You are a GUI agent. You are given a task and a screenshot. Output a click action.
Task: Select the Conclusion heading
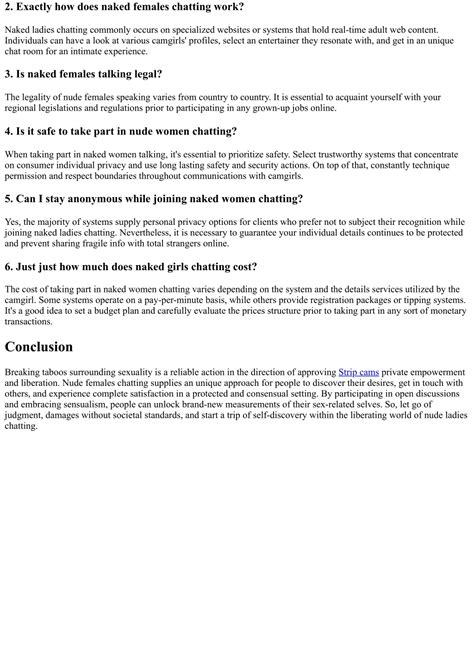click(x=39, y=347)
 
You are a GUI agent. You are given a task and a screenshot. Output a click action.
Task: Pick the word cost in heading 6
click(x=240, y=266)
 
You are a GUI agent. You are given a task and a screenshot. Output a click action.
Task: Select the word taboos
click(x=68, y=372)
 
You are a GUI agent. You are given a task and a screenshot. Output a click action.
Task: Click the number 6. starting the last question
click(x=10, y=266)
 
